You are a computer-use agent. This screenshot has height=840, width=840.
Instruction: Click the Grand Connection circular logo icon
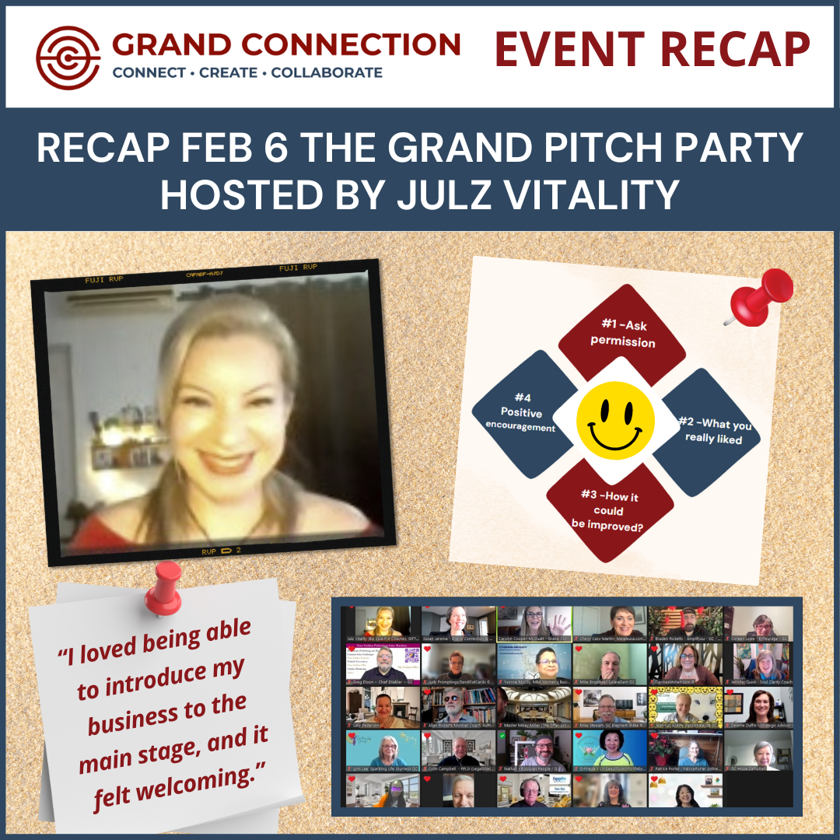[x=69, y=58]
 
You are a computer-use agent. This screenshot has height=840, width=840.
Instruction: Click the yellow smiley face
[x=614, y=420]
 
